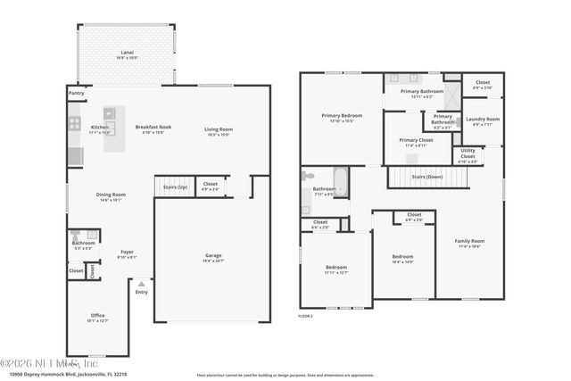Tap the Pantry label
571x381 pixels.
pos(77,92)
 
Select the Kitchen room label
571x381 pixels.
pos(100,127)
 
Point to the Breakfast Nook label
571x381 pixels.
pos(153,127)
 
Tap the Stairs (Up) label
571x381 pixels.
pos(175,187)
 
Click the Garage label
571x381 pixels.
pos(213,256)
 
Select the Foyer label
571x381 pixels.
pos(127,252)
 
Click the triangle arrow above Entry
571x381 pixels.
pos(140,284)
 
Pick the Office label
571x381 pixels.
pos(97,315)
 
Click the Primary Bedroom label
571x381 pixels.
pos(342,115)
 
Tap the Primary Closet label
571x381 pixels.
pos(416,140)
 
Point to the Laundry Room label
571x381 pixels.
pos(483,119)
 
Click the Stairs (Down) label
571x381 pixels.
pos(427,178)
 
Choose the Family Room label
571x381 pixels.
pos(469,241)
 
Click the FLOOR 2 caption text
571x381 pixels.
pos(305,317)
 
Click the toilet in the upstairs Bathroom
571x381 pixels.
pos(308,176)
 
